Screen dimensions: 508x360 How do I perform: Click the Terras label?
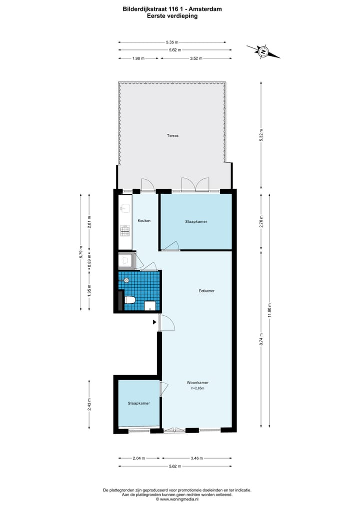[172, 135]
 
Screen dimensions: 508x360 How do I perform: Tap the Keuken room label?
[144, 221]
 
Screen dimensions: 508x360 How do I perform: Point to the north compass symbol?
[263, 50]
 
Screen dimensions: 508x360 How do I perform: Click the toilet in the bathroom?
[130, 300]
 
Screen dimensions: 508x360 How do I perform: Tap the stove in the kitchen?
[125, 231]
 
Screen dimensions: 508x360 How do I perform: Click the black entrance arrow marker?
[154, 323]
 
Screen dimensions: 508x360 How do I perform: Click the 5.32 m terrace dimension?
[261, 135]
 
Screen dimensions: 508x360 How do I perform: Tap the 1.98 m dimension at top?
[138, 58]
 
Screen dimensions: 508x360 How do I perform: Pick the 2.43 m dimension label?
[89, 404]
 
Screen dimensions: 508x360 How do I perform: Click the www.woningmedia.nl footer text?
[179, 499]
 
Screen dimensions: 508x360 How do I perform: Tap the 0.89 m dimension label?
[89, 262]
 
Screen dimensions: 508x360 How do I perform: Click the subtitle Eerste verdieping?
[172, 16]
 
